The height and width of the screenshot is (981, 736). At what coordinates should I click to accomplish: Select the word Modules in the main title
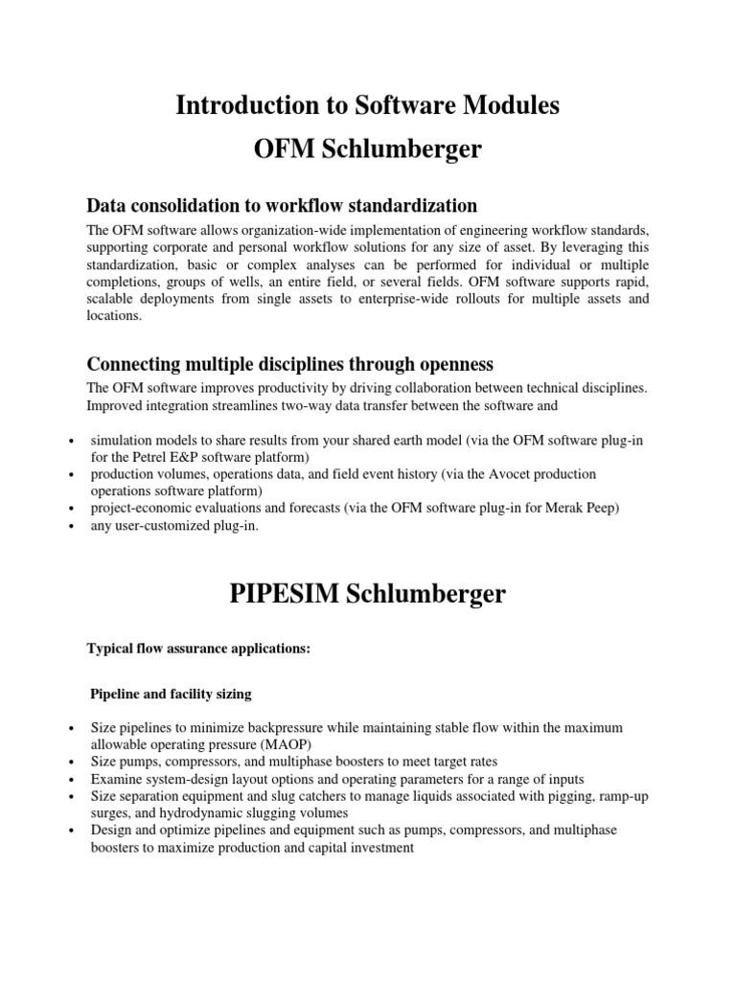[514, 106]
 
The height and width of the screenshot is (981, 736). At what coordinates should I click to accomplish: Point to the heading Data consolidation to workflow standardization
[282, 206]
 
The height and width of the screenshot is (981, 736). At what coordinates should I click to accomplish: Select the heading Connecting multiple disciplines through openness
[289, 364]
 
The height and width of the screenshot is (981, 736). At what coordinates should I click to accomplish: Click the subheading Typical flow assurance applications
[199, 649]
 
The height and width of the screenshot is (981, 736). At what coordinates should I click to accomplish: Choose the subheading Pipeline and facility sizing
[169, 693]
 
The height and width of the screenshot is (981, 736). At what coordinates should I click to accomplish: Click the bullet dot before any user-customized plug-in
[74, 526]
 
